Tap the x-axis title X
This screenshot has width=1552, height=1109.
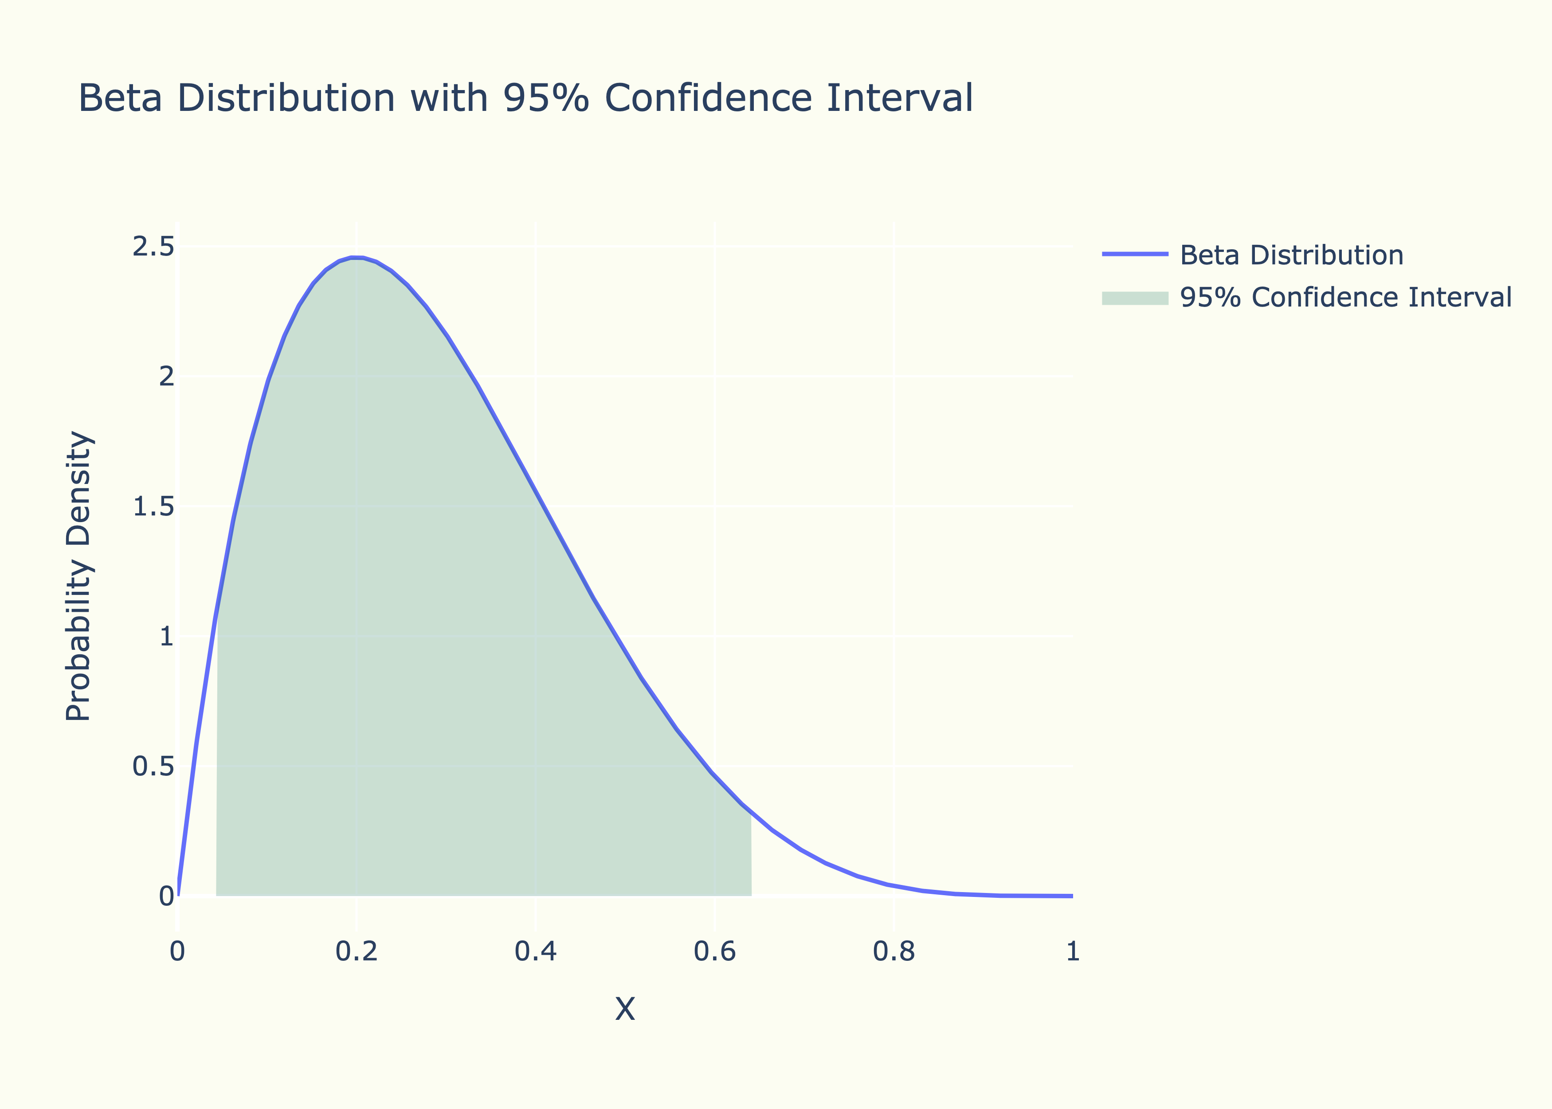(x=624, y=1009)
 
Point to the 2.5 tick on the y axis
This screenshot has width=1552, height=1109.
(x=153, y=247)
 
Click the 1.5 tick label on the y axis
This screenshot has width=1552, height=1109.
(x=153, y=507)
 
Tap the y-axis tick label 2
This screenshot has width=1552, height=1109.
(x=166, y=376)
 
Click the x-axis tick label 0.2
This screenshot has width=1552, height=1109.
(x=356, y=951)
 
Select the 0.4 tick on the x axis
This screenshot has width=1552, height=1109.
(x=536, y=951)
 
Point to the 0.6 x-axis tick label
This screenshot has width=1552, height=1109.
(x=714, y=951)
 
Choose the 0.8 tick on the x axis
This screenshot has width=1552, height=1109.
(x=894, y=951)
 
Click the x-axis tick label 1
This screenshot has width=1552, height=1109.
(x=1072, y=951)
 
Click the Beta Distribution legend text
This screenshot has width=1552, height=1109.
(x=1291, y=256)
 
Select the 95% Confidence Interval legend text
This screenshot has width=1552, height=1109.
(x=1346, y=298)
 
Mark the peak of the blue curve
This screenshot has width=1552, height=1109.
(x=355, y=257)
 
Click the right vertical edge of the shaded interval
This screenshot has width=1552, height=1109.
(x=751, y=853)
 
